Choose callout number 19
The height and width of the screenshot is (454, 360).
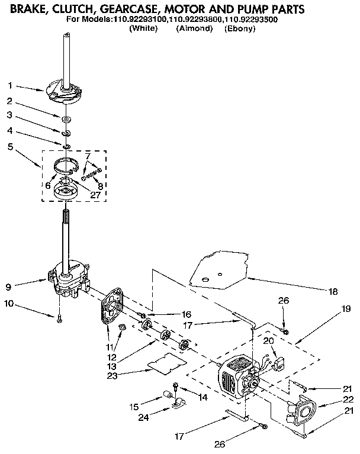(x=346, y=308)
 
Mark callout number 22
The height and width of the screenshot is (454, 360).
(x=348, y=399)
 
